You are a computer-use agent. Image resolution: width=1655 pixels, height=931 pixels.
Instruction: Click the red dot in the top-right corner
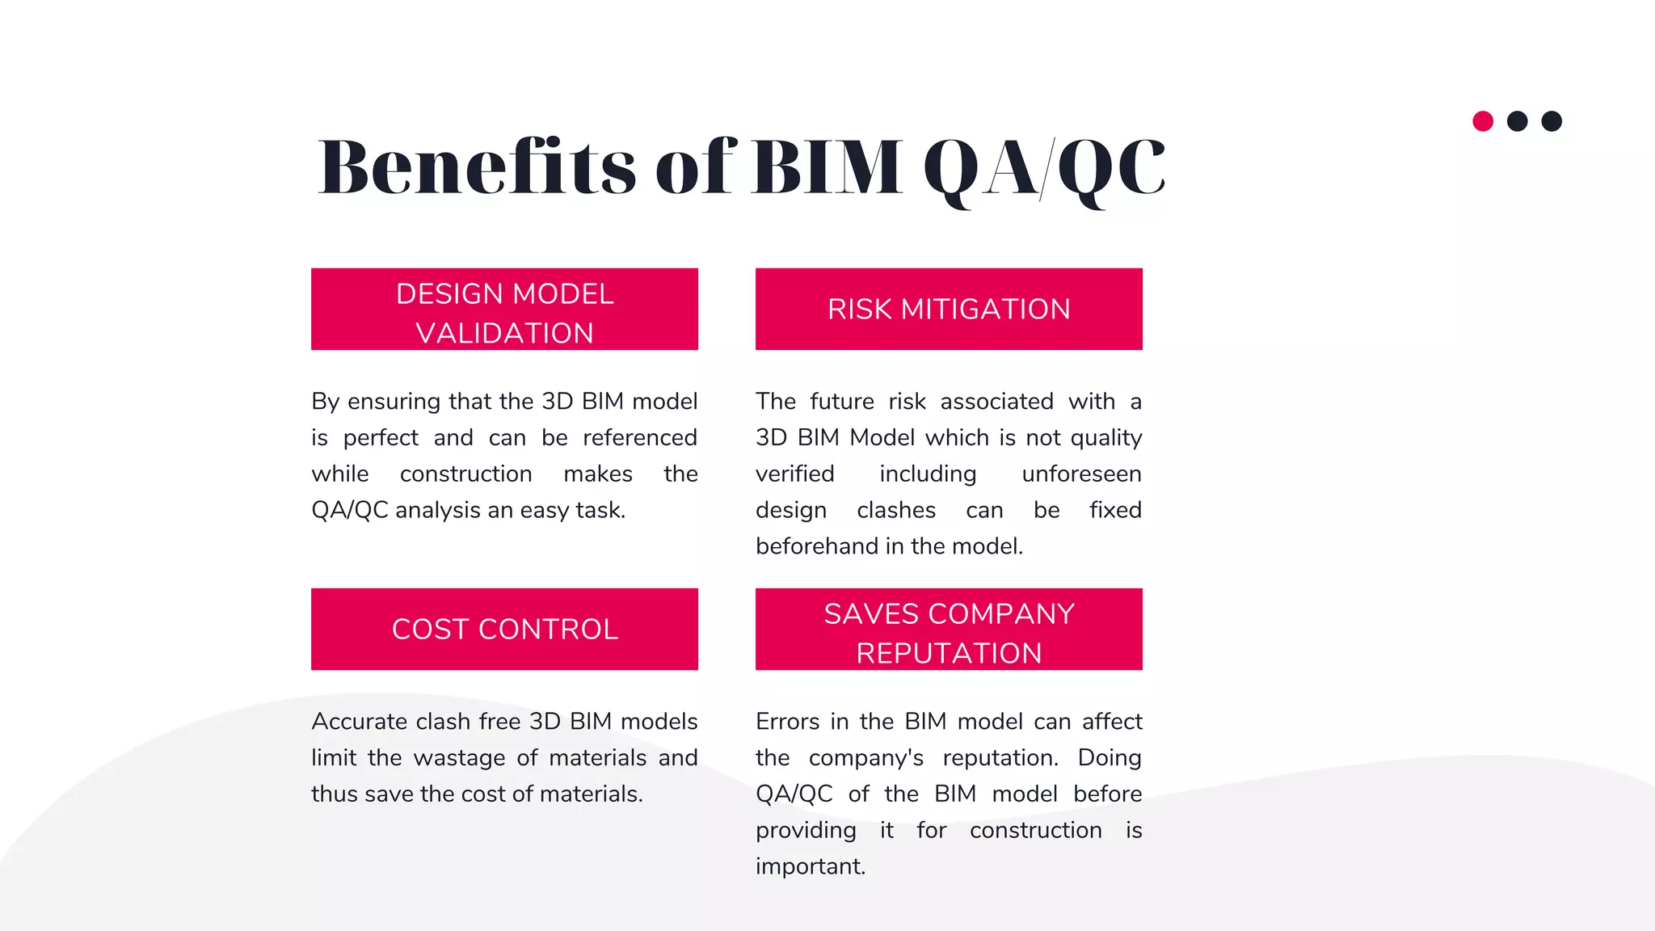(1483, 121)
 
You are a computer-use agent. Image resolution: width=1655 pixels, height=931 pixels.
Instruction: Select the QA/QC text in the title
(1044, 168)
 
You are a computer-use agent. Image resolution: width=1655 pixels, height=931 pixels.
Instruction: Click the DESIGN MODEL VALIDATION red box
(504, 310)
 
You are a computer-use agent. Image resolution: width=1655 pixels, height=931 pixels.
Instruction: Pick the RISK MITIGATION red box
(949, 310)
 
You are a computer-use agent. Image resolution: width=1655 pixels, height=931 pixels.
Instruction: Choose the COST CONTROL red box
(504, 629)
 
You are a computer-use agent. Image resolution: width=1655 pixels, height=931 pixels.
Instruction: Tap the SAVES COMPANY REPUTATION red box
(949, 629)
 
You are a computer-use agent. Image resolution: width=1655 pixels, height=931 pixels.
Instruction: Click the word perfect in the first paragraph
(381, 438)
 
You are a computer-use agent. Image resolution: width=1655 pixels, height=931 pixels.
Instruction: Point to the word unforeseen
(1081, 474)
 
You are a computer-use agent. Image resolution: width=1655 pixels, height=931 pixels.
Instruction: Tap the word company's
(865, 758)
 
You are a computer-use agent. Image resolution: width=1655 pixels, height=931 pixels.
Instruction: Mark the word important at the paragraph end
(810, 866)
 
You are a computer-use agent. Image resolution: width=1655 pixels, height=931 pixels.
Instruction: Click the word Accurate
(359, 722)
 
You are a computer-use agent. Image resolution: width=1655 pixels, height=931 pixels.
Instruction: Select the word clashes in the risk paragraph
(896, 511)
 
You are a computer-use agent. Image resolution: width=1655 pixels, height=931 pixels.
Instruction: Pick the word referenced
(640, 438)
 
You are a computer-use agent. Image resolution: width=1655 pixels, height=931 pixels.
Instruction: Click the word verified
(794, 474)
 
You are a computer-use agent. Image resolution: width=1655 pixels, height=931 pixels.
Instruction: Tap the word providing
(806, 831)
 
